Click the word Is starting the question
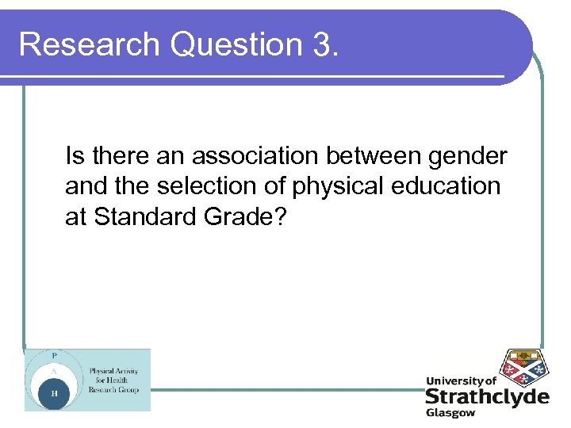pos(73,156)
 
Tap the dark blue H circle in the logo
pos(54,393)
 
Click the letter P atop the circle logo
pos(54,355)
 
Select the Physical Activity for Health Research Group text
pos(113,380)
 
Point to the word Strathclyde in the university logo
pos(486,396)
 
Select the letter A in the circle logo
pos(54,370)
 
